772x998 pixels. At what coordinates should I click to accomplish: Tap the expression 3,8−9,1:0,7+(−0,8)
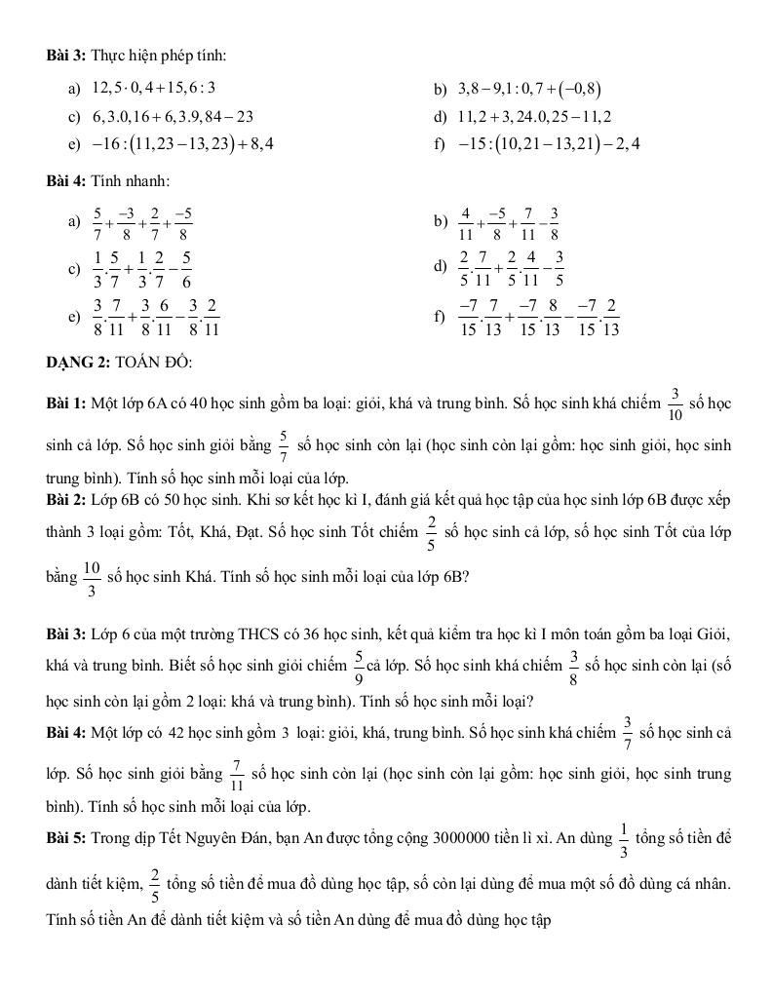point(529,91)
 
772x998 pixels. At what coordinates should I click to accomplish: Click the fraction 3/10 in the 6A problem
point(675,403)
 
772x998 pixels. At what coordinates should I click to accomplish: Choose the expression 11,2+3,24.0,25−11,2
point(534,117)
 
